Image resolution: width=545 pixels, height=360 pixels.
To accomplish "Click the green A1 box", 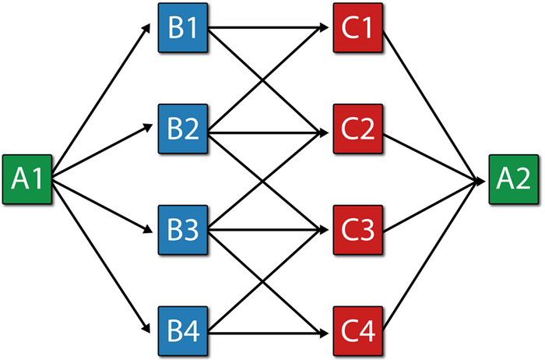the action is click(27, 179).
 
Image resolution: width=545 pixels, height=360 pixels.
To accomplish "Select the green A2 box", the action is click(514, 179).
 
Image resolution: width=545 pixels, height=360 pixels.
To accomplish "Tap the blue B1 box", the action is click(183, 28).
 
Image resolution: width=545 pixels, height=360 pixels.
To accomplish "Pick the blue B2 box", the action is click(183, 129).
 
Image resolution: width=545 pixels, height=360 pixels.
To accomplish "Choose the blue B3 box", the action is click(183, 230).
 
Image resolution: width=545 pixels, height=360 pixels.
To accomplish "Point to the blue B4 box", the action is click(183, 331).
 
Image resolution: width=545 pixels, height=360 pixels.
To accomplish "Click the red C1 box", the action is click(358, 28).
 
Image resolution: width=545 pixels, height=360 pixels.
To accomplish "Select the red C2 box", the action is click(358, 129).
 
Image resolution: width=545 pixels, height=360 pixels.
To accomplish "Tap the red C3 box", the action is click(358, 230).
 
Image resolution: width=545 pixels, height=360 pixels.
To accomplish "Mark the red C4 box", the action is click(358, 331).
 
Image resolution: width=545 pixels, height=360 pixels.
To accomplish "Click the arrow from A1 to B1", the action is click(101, 101).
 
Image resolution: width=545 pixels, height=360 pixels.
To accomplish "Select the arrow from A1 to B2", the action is click(102, 150).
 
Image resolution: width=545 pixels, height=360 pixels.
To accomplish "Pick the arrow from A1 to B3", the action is click(102, 205).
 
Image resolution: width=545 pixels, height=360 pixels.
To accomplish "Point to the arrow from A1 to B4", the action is click(101, 256).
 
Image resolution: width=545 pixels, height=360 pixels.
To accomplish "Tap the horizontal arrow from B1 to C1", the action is click(269, 27).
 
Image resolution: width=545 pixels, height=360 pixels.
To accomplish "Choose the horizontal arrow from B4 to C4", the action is click(269, 334).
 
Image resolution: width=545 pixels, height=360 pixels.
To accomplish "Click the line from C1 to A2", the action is click(431, 106).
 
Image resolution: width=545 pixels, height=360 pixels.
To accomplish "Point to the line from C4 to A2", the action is click(431, 256).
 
